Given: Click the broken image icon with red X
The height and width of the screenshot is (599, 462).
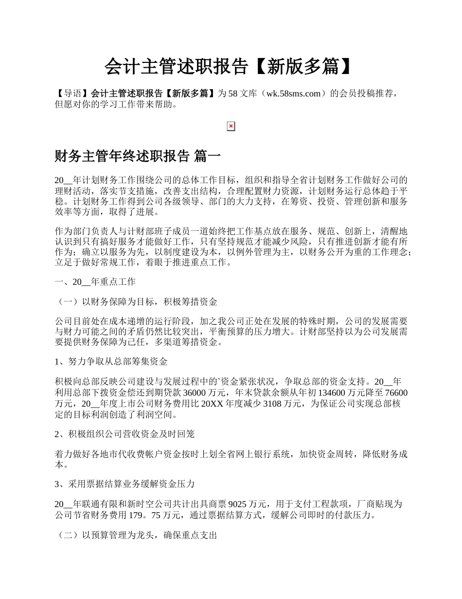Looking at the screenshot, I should (231, 127).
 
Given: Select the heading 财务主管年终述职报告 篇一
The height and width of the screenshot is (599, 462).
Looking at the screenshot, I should (138, 156).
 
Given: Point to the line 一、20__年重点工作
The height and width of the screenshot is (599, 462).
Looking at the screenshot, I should (95, 282).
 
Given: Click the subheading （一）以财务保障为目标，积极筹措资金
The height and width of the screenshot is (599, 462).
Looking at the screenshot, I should (136, 302).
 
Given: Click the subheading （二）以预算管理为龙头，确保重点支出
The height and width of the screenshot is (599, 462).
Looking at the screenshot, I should (136, 535).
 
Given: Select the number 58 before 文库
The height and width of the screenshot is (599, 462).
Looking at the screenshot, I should (233, 93).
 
